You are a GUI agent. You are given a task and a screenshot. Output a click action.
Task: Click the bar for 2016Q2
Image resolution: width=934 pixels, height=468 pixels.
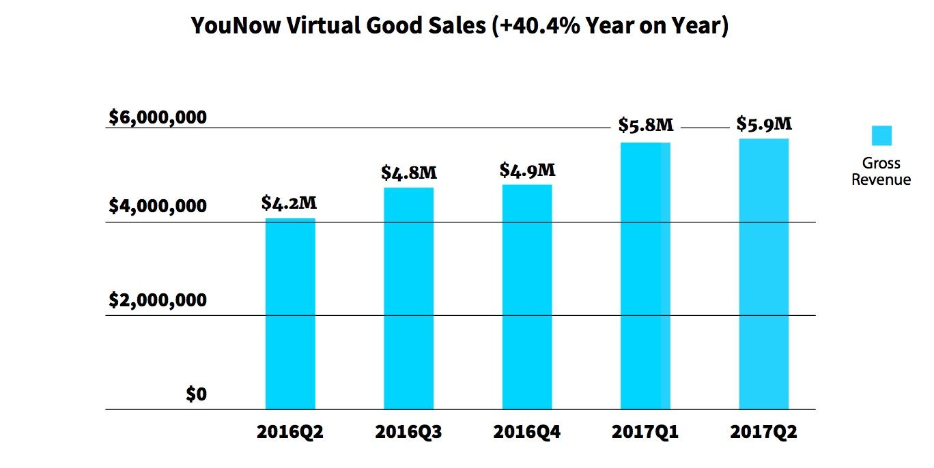(290, 314)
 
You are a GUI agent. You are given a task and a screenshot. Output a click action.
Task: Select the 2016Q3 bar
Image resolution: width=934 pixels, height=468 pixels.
(408, 298)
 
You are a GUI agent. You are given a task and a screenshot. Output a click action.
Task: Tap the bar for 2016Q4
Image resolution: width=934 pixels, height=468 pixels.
(527, 297)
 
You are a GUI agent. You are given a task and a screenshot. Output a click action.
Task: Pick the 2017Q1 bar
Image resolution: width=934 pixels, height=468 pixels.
(645, 276)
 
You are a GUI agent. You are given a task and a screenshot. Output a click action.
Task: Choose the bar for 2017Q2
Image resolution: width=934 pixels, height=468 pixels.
(763, 274)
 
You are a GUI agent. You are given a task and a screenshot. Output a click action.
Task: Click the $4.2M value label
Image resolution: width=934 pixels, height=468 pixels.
(289, 203)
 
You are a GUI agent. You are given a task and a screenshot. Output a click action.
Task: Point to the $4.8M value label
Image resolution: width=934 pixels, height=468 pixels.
(408, 172)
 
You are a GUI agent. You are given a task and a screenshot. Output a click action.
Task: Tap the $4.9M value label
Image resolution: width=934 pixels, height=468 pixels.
(527, 169)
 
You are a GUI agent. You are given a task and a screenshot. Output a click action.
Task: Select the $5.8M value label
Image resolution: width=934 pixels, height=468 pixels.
(646, 126)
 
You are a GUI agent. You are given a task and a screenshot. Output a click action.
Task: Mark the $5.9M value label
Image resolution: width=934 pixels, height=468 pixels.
(764, 124)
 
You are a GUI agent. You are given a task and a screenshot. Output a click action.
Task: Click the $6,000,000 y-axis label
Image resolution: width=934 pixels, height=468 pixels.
(158, 117)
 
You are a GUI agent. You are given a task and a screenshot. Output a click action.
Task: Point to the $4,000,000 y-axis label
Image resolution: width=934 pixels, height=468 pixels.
(158, 206)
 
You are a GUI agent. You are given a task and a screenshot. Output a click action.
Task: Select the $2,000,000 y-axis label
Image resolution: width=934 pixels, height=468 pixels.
(158, 300)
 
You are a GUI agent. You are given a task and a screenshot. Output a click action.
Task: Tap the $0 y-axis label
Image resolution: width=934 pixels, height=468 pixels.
(196, 394)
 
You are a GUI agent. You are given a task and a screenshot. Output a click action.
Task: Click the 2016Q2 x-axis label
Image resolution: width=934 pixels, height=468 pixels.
(290, 433)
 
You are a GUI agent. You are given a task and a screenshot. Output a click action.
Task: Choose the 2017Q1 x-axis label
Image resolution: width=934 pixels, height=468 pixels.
(645, 433)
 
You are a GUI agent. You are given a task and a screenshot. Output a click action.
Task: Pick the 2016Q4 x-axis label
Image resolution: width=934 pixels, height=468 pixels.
(527, 433)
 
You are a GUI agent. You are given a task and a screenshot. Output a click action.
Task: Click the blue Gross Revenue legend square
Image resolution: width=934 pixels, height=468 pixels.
(881, 135)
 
